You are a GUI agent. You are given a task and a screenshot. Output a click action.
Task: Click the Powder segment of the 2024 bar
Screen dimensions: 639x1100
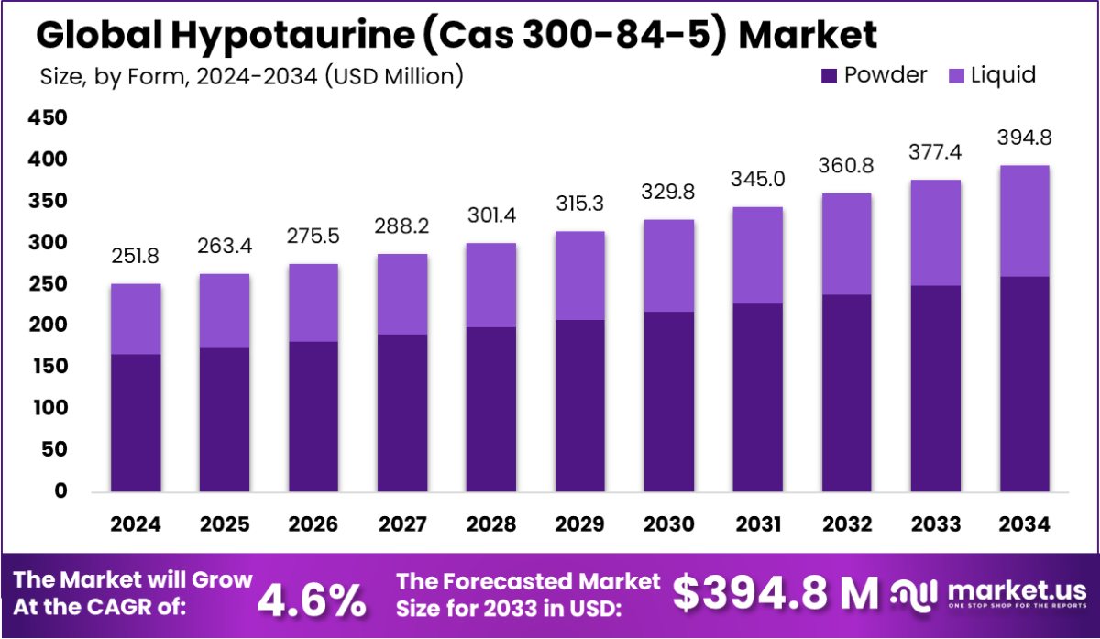[x=136, y=423]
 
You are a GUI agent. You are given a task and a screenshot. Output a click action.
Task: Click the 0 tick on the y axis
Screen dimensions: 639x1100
[x=60, y=491]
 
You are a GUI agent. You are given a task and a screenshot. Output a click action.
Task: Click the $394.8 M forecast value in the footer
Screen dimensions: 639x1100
[x=775, y=594]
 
